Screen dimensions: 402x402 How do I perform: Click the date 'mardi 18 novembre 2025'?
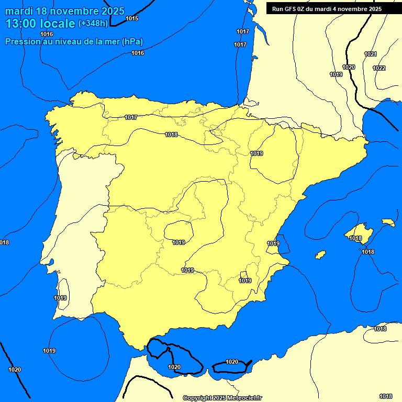tap(65, 11)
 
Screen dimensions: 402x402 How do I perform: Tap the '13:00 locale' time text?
tap(40, 24)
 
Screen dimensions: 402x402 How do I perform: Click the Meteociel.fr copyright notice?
tap(222, 398)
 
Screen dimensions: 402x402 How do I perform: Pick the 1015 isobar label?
tap(132, 18)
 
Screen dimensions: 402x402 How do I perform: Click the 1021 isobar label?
tap(370, 54)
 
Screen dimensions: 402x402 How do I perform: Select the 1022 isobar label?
tap(379, 68)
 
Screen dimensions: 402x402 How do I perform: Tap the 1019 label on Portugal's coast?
tap(60, 298)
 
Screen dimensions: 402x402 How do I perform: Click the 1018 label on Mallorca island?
tap(355, 238)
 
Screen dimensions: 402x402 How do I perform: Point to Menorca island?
tap(388, 222)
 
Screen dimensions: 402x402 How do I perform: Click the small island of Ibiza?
tap(320, 255)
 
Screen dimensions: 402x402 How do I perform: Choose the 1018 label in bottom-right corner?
tap(386, 396)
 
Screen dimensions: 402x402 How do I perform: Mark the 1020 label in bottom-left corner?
tap(15, 370)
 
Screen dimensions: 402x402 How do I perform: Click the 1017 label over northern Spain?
tap(131, 117)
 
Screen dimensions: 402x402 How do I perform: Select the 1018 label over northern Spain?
tap(171, 135)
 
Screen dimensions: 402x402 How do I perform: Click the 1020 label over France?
tap(349, 67)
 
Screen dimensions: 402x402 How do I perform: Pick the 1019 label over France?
tap(336, 74)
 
